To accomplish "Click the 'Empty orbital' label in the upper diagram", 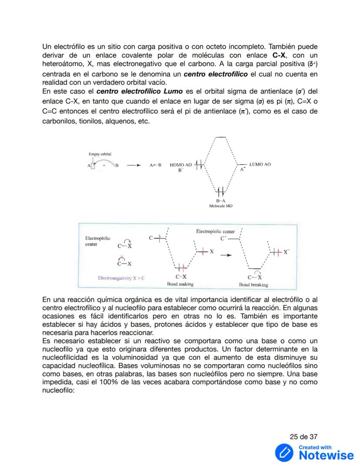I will (100, 154).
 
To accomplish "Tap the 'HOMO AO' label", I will (180, 165).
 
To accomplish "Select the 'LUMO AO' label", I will (260, 164).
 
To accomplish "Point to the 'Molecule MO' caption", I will (220, 206).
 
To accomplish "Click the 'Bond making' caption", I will (180, 284).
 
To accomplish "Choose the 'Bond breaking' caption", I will (253, 285).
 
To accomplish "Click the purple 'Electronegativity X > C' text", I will (121, 277).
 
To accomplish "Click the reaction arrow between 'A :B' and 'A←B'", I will (133, 165).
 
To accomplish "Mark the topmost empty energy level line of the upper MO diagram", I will (221, 137).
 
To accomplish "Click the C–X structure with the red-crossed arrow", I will (124, 262).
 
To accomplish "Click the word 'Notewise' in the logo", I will (327, 455).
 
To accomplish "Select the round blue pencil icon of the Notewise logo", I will (285, 453).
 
